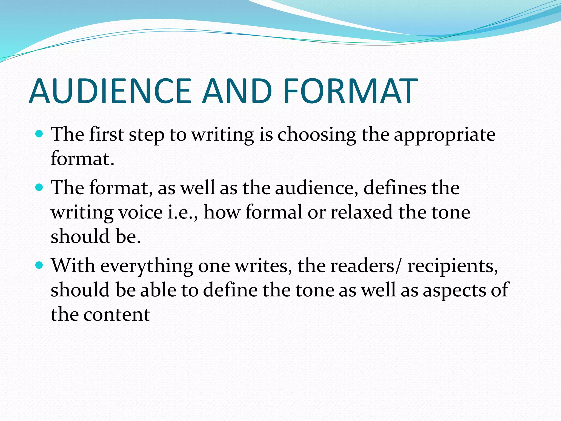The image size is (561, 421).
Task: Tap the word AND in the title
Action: [x=237, y=91]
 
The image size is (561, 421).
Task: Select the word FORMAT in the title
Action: [x=350, y=91]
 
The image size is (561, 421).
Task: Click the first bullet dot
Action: [x=39, y=134]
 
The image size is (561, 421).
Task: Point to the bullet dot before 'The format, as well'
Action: [x=39, y=187]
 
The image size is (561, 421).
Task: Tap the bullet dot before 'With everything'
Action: [x=39, y=265]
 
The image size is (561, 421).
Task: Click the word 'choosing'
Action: [x=317, y=135]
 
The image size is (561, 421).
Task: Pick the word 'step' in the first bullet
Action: [x=147, y=135]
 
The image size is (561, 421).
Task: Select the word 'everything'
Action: [x=147, y=266]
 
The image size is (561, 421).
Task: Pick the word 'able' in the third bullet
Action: [x=158, y=290]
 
